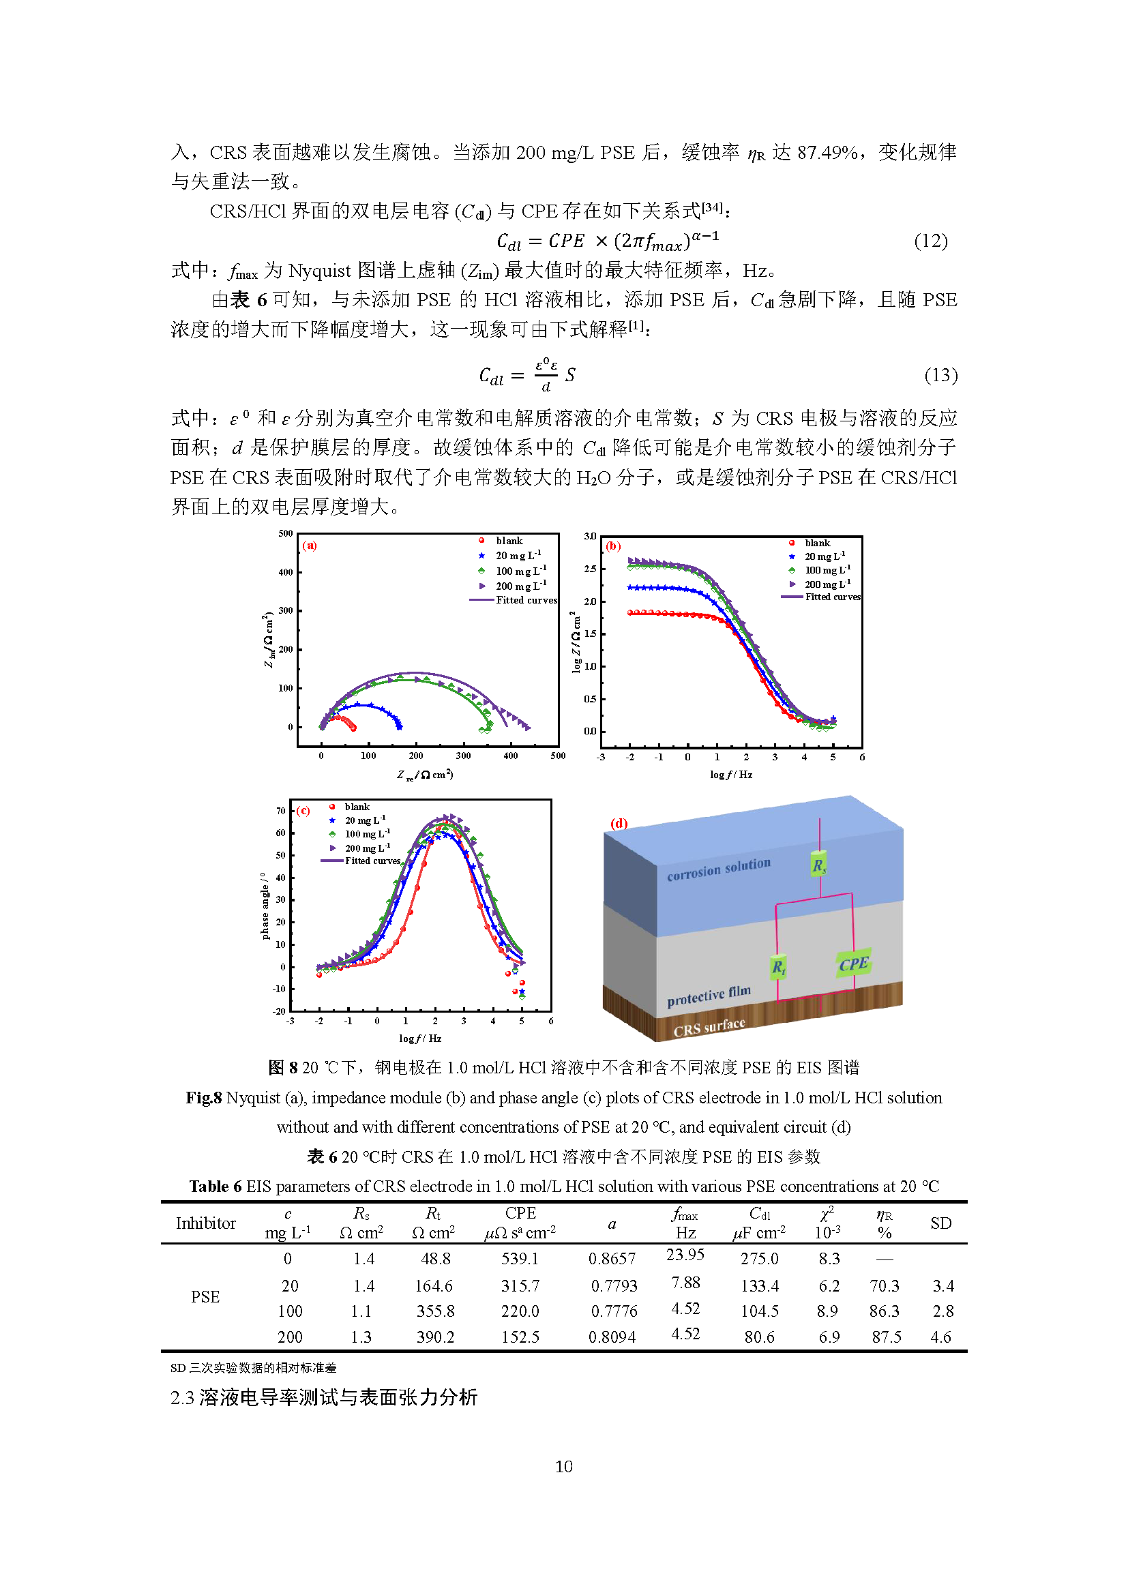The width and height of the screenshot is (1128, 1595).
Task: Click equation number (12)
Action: point(931,241)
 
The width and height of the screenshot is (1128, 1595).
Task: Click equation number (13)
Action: point(940,375)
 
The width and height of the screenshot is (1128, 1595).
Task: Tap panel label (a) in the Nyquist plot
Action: point(310,546)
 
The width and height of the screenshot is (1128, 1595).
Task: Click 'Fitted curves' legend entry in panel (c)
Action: point(361,861)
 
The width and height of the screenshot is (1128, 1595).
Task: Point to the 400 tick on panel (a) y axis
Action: point(286,572)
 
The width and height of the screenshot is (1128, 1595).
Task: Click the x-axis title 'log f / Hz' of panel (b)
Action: point(730,775)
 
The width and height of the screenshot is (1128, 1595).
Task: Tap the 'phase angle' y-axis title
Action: point(265,906)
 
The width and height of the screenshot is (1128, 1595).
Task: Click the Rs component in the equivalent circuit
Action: point(819,865)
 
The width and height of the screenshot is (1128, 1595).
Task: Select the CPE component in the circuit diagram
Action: point(854,964)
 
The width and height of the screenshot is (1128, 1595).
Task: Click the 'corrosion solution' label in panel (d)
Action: point(719,869)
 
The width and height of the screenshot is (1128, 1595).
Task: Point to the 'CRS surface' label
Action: point(709,1027)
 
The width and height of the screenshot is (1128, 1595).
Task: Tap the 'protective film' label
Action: point(709,996)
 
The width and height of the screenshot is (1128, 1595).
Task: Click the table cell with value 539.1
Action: point(520,1259)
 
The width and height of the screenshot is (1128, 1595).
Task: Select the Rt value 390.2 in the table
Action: point(436,1337)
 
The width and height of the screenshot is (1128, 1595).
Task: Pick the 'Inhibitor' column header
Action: point(205,1223)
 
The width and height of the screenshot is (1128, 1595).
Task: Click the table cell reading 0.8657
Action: point(612,1259)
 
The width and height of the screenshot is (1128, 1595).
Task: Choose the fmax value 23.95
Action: point(685,1255)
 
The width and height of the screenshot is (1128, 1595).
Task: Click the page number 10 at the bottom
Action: point(564,1467)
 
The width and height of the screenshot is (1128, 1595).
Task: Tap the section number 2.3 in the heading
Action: point(183,1398)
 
